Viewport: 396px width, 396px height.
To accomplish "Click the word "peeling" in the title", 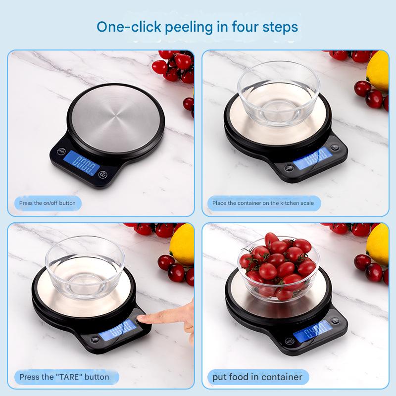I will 189,26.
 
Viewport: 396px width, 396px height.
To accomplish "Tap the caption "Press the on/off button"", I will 48,203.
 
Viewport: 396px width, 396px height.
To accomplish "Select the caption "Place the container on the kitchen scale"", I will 263,203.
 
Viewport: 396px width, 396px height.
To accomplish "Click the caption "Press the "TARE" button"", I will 64,377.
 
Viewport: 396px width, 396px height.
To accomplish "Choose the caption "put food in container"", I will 257,377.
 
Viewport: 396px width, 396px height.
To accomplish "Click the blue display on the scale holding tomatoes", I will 311,331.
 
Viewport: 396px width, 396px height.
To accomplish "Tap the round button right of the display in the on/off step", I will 103,174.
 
